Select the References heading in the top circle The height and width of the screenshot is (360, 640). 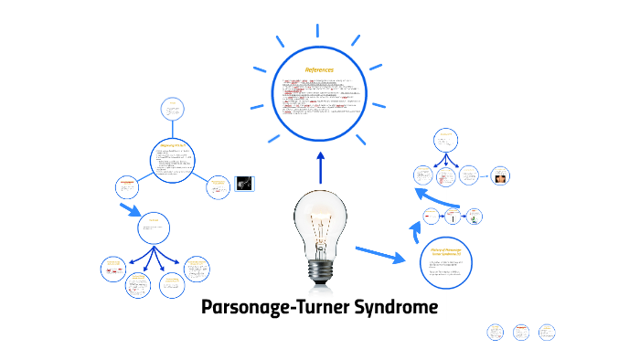[320, 69]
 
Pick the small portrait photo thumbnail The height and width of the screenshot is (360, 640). [500, 175]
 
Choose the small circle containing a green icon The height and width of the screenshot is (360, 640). [475, 217]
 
